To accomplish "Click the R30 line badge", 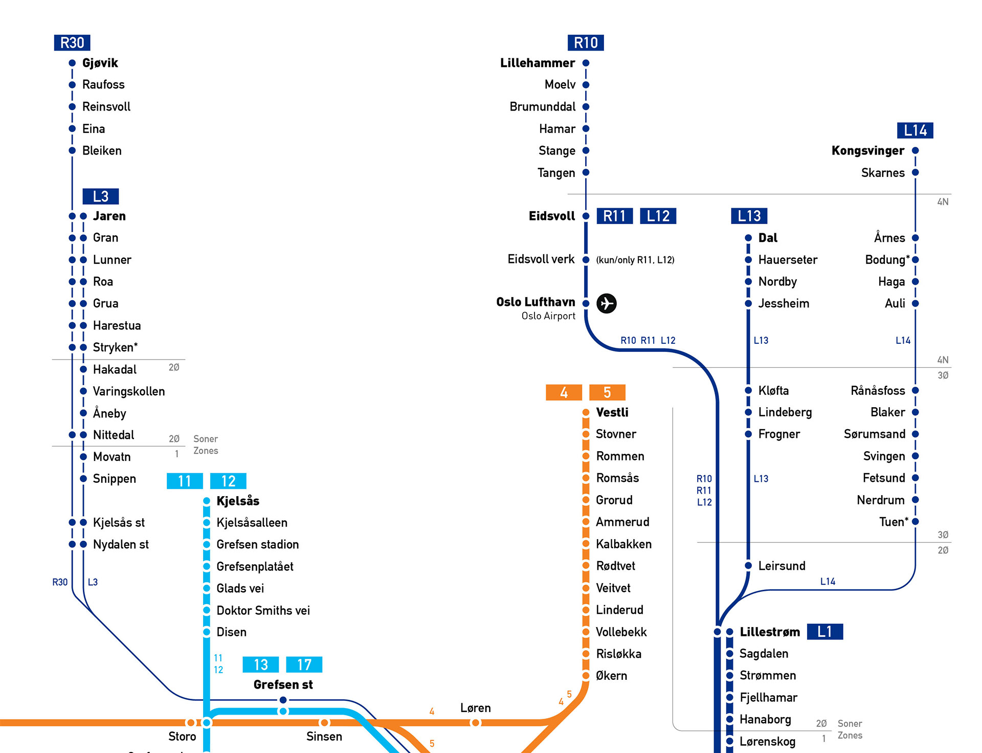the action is [x=72, y=42].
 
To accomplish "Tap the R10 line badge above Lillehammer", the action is [x=586, y=42].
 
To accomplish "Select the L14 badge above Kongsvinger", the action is [x=915, y=130].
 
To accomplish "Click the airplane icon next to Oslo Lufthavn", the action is [x=607, y=303].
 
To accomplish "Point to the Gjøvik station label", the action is [x=100, y=63].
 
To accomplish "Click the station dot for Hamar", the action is [x=586, y=128].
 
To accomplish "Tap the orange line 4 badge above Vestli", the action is [x=564, y=392].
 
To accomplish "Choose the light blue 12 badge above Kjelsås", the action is [x=228, y=481].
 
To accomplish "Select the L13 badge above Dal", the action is [x=749, y=216].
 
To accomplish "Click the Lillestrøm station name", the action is [x=770, y=632].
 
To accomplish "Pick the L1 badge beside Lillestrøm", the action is [x=825, y=632].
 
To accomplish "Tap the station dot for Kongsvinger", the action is [x=916, y=150].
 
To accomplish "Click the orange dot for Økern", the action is [x=586, y=676].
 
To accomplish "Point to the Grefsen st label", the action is [x=283, y=684].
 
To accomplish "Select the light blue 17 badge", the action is [x=304, y=665].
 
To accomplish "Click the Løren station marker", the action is [x=476, y=723].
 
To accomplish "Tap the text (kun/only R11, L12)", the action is [x=635, y=260].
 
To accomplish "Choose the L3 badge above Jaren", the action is [x=101, y=196].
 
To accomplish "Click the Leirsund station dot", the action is [x=748, y=565].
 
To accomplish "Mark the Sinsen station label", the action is [x=324, y=736].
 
